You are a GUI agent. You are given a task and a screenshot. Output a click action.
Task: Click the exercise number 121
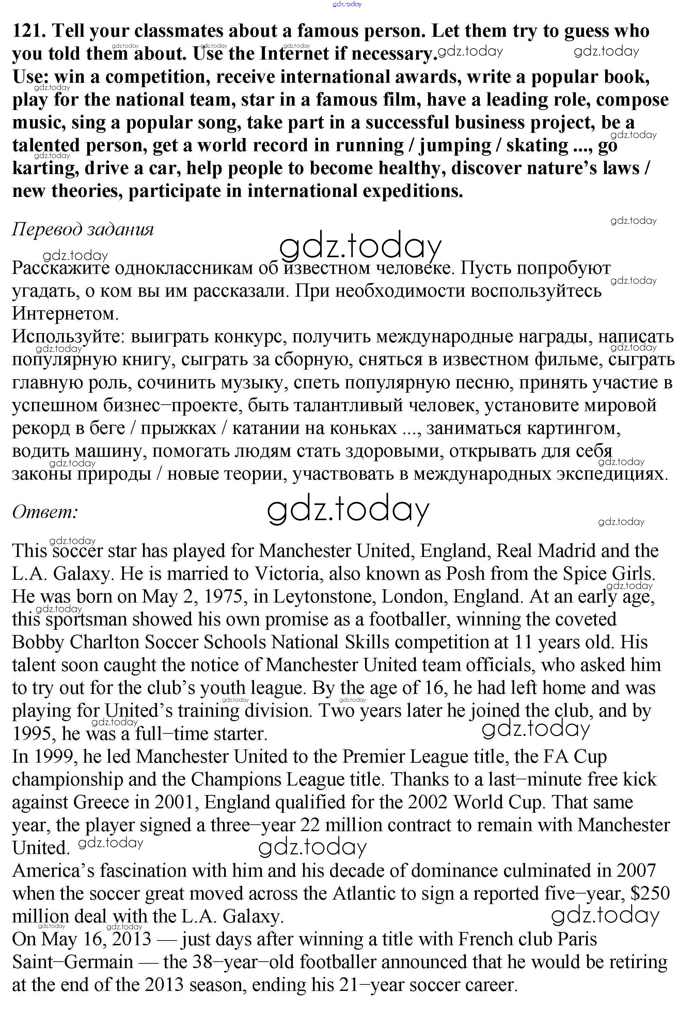click(x=28, y=31)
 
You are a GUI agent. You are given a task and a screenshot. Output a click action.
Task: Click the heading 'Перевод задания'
click(x=83, y=229)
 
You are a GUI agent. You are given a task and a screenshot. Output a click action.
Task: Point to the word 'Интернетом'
click(x=65, y=313)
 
